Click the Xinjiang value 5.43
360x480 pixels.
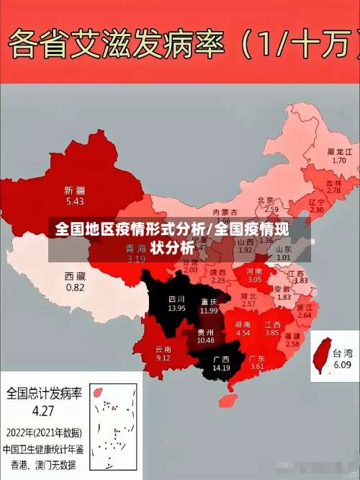74,201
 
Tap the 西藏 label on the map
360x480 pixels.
75,276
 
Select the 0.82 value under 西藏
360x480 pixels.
75,287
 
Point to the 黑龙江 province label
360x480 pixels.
340,152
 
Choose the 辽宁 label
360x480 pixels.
317,203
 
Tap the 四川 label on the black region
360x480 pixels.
176,298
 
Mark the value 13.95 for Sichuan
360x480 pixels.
176,308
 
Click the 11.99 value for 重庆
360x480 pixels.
209,311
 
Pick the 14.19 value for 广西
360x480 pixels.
221,368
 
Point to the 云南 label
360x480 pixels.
163,349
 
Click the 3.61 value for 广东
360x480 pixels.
257,367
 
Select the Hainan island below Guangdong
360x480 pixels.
231,398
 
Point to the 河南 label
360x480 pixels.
255,270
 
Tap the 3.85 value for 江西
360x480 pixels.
271,333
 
